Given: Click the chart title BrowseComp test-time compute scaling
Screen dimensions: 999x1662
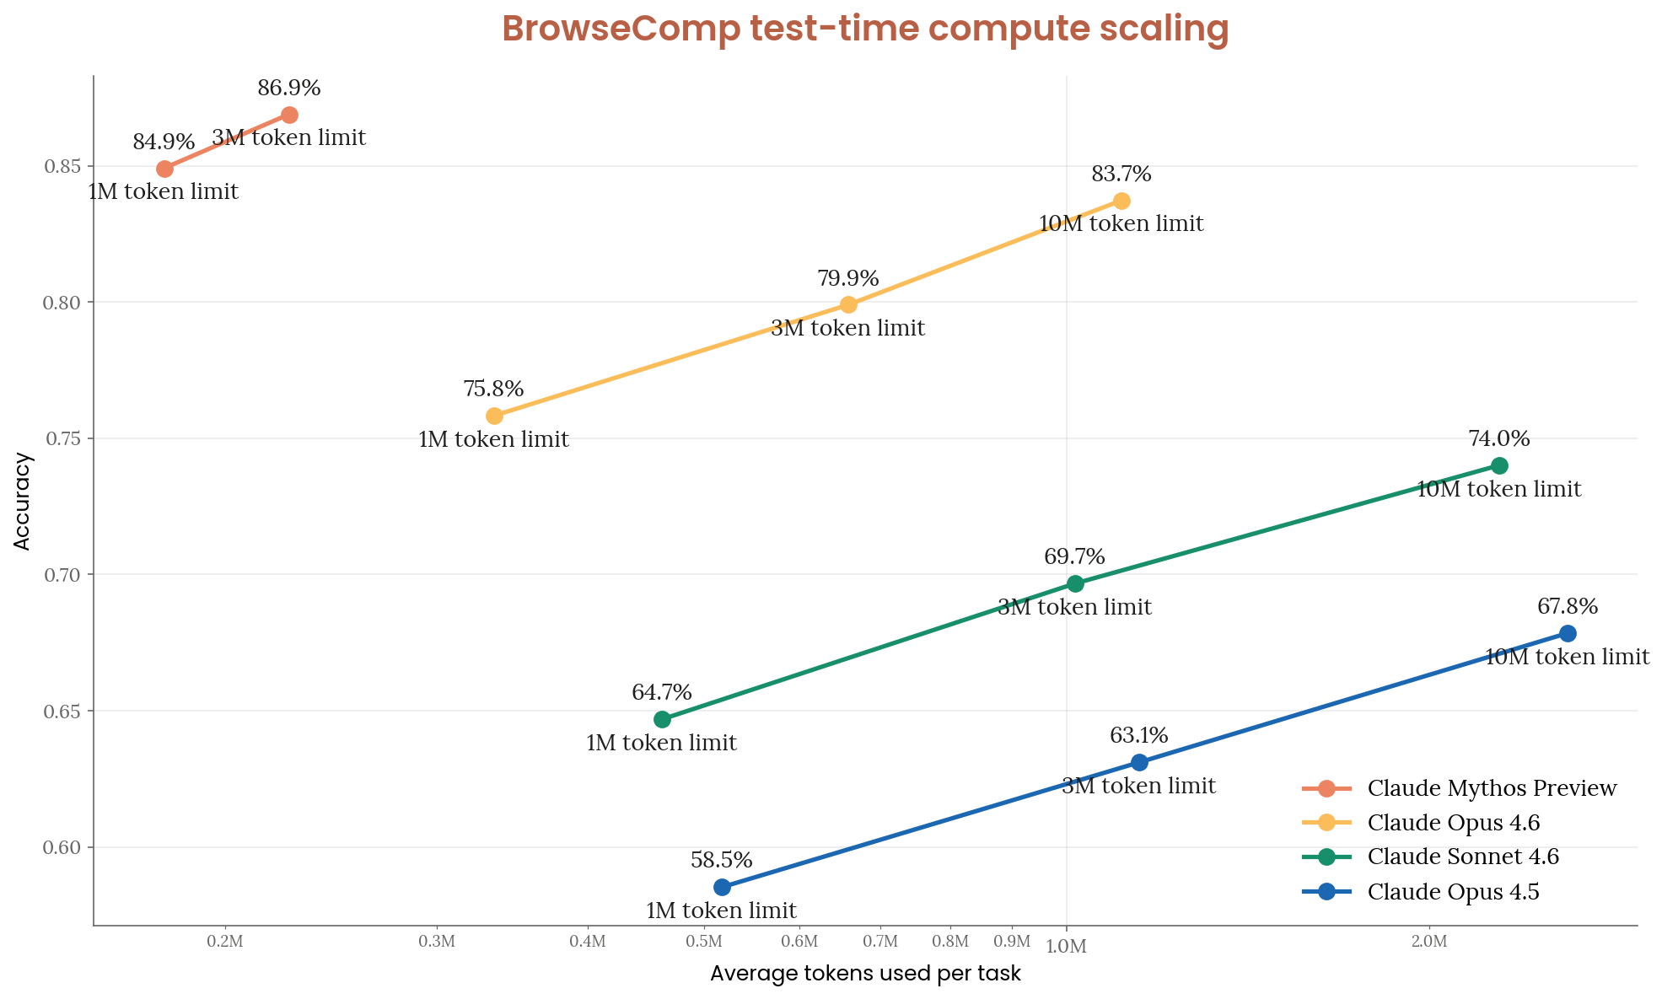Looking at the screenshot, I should [865, 29].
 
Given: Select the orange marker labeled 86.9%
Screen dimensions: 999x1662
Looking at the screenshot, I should [289, 115].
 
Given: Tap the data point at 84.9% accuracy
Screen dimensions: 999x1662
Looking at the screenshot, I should [165, 169].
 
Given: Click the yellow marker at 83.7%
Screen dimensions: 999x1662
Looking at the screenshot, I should [1121, 201].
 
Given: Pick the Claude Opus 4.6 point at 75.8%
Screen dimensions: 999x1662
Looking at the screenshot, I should [494, 416].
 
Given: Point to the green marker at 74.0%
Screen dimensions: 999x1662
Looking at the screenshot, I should [1499, 465].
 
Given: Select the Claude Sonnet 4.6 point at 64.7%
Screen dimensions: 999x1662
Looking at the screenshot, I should [662, 719].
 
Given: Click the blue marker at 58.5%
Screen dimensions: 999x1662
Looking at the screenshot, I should [722, 887].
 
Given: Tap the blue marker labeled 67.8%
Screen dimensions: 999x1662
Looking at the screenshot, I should [1568, 633].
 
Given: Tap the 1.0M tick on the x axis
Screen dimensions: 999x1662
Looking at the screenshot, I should [1066, 947].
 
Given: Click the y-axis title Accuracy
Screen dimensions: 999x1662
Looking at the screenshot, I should [23, 502].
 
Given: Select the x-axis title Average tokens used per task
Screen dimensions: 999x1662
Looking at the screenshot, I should [865, 974].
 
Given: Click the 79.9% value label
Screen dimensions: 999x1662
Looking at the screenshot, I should [847, 278].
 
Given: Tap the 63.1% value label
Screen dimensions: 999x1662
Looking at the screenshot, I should [1138, 736].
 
